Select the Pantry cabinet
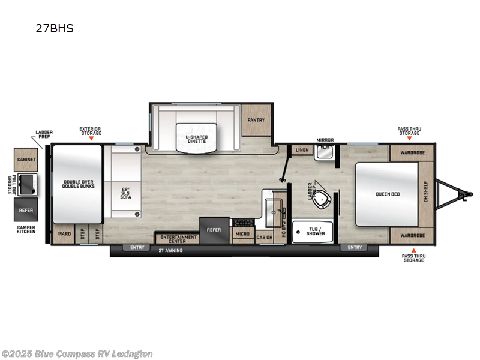[x=256, y=120]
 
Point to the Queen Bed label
[x=388, y=194]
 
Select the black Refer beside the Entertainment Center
[x=214, y=229]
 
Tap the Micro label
[x=242, y=233]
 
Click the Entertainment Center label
[x=178, y=238]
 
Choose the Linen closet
[x=302, y=149]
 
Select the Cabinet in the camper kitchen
[x=27, y=160]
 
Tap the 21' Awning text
[x=171, y=250]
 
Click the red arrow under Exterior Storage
[x=91, y=138]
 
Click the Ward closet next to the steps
[x=64, y=234]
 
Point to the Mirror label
[x=325, y=140]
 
